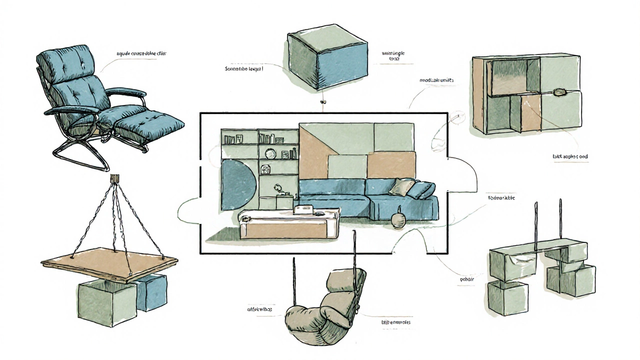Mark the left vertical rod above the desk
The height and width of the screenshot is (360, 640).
(x=536, y=225)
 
